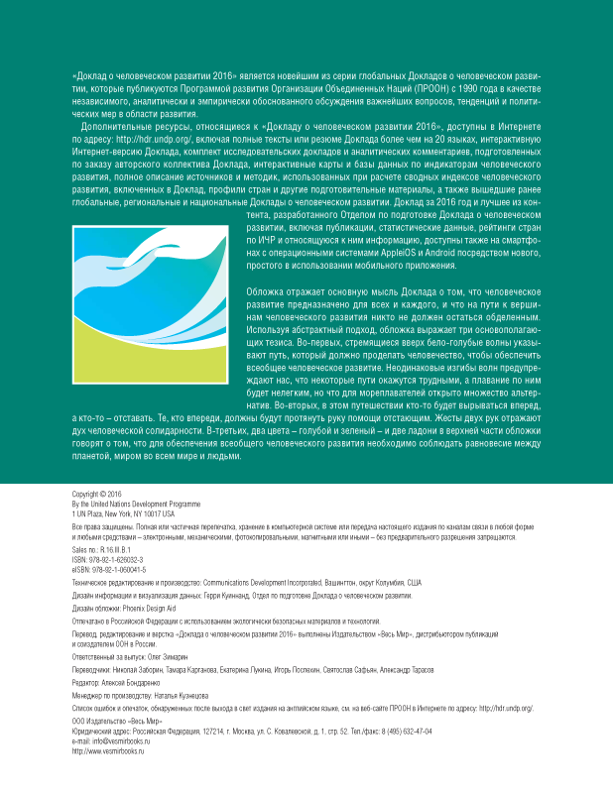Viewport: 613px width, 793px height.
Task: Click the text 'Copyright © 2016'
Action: (87, 495)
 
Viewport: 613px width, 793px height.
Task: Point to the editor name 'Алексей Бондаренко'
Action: (129, 683)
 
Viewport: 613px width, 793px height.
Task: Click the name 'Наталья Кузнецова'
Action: (174, 696)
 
